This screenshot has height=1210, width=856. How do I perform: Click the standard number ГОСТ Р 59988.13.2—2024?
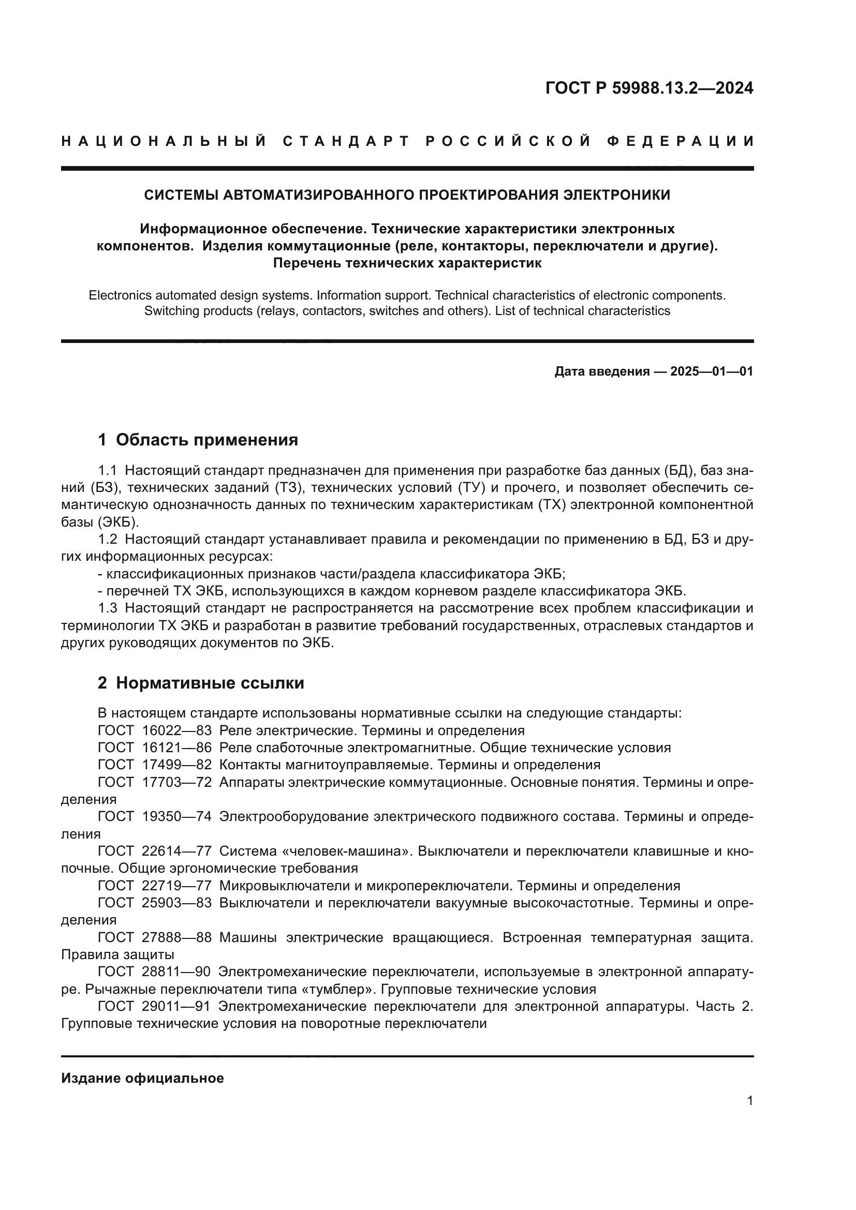pos(649,88)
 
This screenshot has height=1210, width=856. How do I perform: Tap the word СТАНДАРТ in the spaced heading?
pos(346,141)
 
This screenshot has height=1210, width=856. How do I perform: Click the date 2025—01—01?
pos(712,371)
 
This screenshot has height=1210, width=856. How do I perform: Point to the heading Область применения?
pos(206,440)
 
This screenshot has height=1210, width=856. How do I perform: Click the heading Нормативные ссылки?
pos(210,683)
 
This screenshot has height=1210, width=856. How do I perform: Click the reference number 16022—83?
pos(176,730)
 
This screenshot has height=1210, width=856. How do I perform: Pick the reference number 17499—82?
pos(176,765)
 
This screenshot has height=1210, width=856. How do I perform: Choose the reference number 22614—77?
pos(176,851)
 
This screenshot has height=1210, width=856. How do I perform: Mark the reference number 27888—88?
pos(176,937)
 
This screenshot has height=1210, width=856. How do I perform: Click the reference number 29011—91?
pos(176,1007)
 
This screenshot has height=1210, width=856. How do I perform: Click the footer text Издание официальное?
pos(142,1078)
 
